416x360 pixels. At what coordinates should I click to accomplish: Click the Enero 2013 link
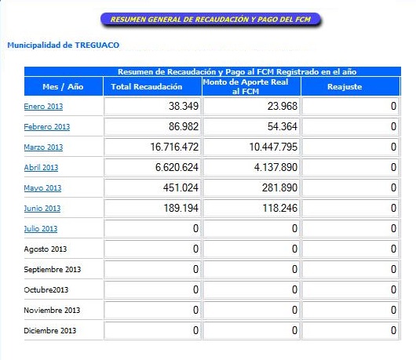tap(43, 107)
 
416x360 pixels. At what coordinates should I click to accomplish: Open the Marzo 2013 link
tap(43, 147)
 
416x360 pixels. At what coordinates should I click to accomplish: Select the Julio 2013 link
tap(41, 229)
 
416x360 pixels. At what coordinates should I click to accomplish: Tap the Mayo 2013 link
tap(42, 188)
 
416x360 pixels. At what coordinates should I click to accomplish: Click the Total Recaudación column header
tap(147, 87)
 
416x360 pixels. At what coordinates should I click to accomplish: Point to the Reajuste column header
tap(345, 87)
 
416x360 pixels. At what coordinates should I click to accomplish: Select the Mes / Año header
tap(63, 87)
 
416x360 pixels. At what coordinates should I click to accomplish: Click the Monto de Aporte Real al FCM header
tap(246, 86)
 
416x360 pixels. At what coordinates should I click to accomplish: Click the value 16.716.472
tap(174, 147)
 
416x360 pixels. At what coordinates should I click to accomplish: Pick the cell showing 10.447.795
tap(273, 147)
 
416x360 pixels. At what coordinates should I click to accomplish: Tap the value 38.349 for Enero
tap(184, 106)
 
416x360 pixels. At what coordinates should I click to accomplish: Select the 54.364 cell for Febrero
tap(283, 126)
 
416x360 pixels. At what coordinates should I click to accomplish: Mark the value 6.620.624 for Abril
tap(177, 167)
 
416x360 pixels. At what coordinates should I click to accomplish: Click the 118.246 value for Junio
tap(280, 208)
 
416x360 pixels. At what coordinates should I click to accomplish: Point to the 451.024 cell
tap(181, 187)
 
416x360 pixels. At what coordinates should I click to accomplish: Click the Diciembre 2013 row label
tap(50, 330)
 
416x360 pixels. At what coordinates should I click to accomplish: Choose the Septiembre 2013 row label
tap(53, 269)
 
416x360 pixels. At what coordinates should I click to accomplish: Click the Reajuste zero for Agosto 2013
tap(393, 249)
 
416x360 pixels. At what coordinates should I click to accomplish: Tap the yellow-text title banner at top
tap(210, 20)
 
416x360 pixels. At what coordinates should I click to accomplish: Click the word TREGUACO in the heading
tap(97, 45)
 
